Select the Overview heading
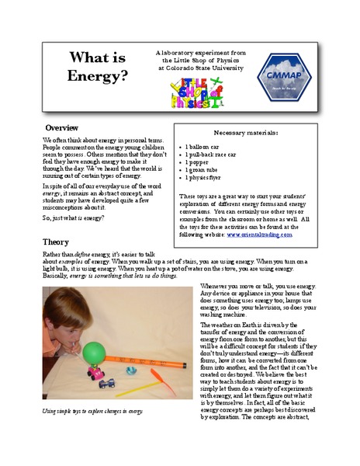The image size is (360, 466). click(x=61, y=127)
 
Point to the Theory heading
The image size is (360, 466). click(x=56, y=242)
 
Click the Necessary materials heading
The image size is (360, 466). click(x=246, y=133)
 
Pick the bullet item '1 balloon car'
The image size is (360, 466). click(x=206, y=147)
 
